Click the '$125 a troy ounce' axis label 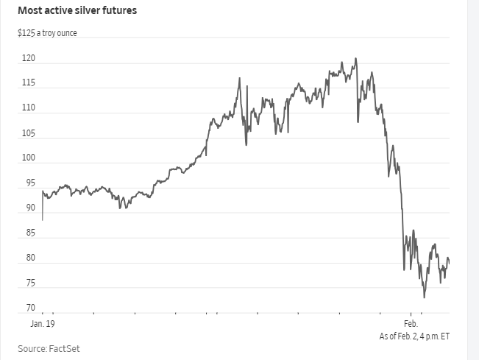47,34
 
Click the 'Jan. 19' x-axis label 43,324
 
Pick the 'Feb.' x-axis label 411,324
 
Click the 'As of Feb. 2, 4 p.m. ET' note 414,336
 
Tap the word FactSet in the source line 65,347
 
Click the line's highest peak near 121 355,58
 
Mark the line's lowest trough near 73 425,297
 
